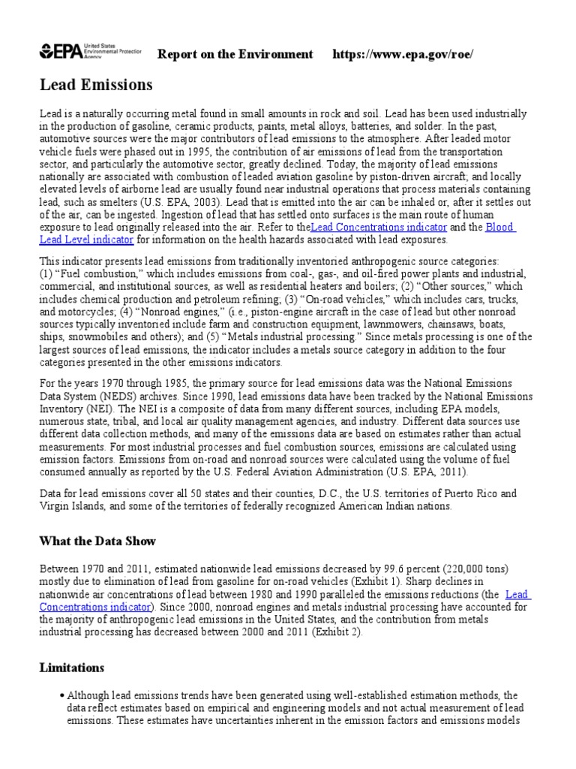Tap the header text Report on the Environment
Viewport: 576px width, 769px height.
[235, 54]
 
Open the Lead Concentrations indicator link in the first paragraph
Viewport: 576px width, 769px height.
[379, 227]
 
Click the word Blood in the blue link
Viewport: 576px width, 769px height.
[500, 227]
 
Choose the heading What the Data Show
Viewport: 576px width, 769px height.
[97, 541]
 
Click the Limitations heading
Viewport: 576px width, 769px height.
[72, 667]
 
